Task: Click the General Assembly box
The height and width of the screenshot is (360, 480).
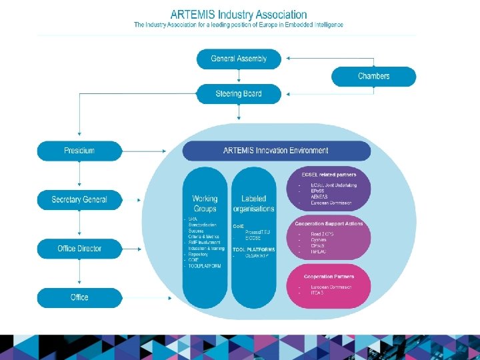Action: click(x=239, y=59)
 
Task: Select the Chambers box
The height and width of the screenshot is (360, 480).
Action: click(x=373, y=76)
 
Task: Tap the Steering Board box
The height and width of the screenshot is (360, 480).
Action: click(x=239, y=94)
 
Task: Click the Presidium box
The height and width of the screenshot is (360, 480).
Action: click(x=79, y=151)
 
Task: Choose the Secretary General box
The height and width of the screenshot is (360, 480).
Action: click(x=79, y=199)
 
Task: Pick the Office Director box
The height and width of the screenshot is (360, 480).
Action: click(x=79, y=249)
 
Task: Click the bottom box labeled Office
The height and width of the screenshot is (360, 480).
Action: click(x=79, y=297)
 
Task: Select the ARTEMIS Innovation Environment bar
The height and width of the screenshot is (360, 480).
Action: click(x=276, y=151)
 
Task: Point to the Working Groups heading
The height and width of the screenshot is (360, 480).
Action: click(x=205, y=203)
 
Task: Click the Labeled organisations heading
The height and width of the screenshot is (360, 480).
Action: click(x=253, y=203)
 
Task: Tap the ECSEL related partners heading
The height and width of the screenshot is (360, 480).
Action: click(x=329, y=175)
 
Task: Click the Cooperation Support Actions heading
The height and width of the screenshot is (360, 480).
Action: click(x=329, y=223)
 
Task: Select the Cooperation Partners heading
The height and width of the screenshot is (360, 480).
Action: click(x=329, y=276)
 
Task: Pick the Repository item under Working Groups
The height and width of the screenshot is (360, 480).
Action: click(x=198, y=254)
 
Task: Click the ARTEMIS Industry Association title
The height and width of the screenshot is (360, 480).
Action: click(x=239, y=14)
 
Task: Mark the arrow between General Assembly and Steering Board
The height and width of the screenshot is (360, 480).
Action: click(x=239, y=77)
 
